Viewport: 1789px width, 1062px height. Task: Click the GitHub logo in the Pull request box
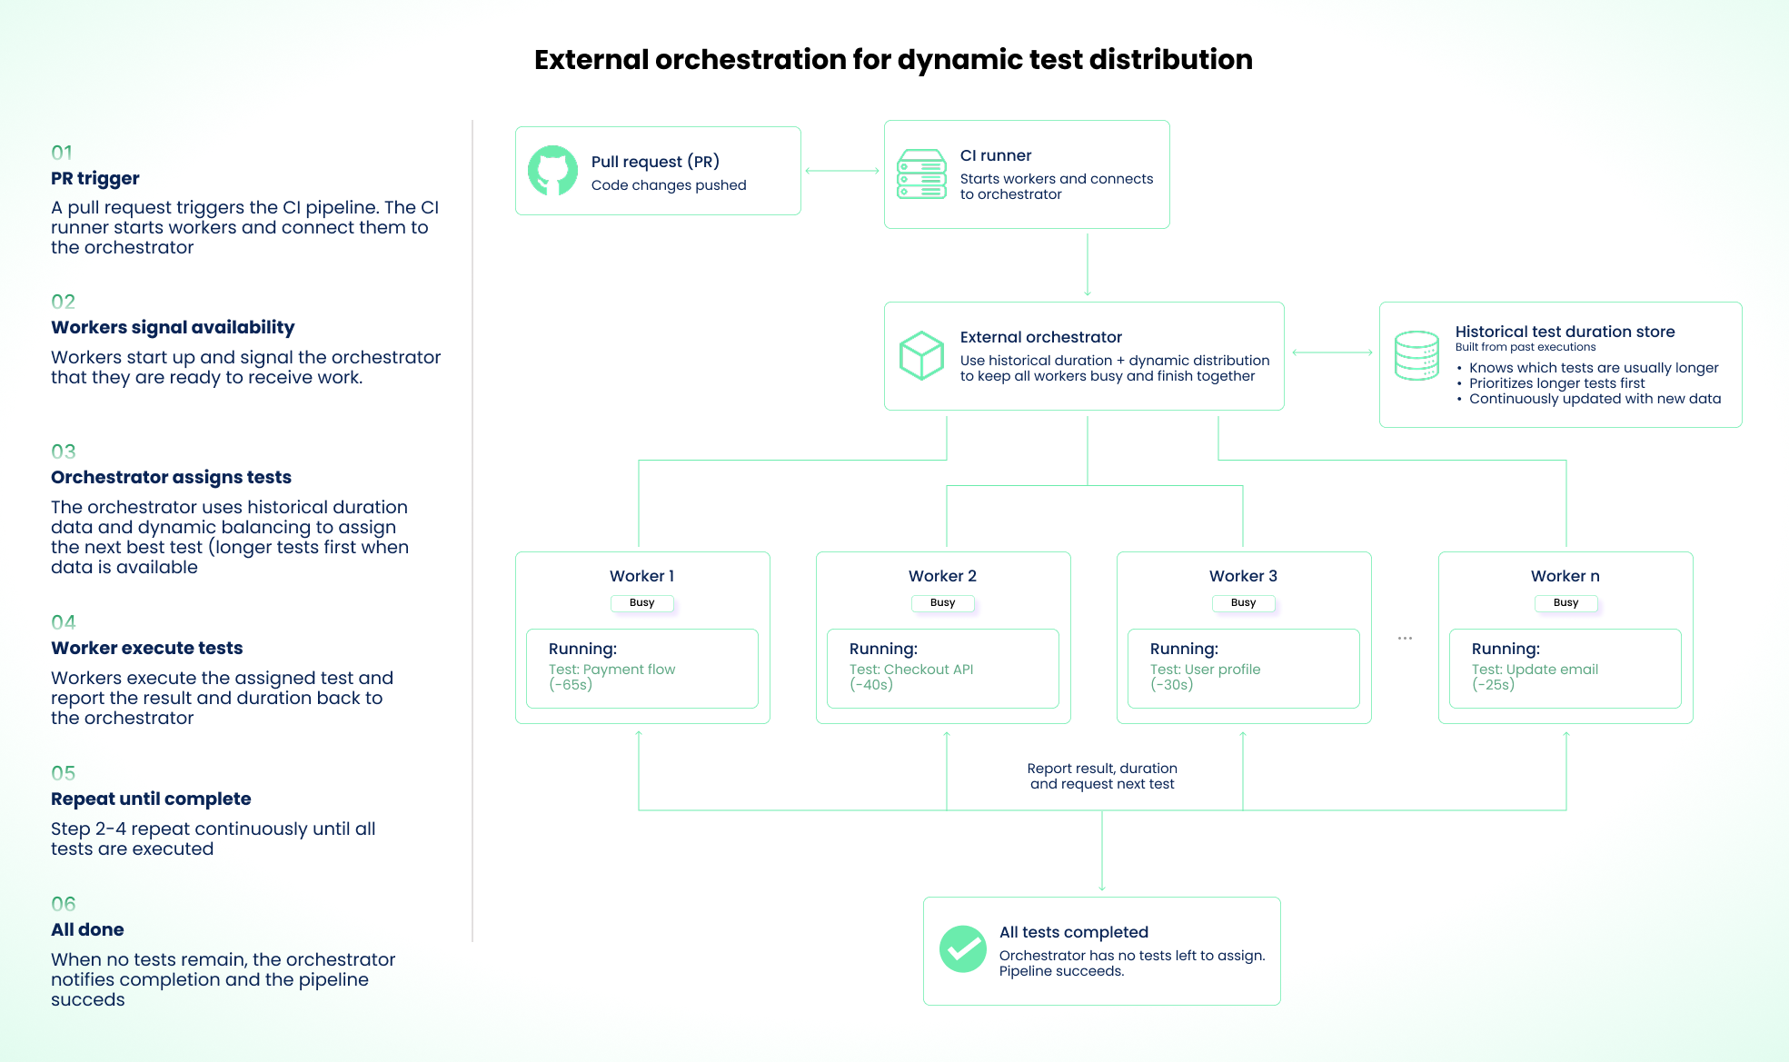click(x=552, y=171)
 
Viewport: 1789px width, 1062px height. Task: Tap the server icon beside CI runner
click(x=921, y=174)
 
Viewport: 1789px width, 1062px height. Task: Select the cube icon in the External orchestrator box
click(x=921, y=355)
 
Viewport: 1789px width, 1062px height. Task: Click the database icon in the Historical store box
click(x=1416, y=355)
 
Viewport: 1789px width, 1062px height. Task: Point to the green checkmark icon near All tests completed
click(x=963, y=949)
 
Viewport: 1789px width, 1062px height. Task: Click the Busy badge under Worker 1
click(x=642, y=603)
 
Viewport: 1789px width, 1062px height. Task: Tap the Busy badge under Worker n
click(x=1565, y=603)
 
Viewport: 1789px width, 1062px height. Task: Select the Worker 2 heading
click(x=942, y=576)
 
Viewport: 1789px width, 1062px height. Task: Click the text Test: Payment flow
click(x=611, y=670)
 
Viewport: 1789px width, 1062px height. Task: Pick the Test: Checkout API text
click(x=911, y=670)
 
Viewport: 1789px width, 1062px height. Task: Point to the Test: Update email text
click(x=1535, y=670)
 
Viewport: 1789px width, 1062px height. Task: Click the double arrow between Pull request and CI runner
click(x=842, y=171)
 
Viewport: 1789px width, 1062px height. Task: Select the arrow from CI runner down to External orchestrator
click(x=1088, y=265)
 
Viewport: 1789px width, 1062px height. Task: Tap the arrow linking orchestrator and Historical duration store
click(x=1332, y=352)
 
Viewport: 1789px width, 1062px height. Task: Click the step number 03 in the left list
click(x=64, y=452)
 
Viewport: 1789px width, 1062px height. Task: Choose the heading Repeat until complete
click(x=151, y=799)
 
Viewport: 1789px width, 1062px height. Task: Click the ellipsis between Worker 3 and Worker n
click(x=1405, y=639)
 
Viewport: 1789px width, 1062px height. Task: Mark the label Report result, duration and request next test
click(x=1102, y=776)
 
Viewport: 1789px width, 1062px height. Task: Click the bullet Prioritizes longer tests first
click(x=1557, y=383)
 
